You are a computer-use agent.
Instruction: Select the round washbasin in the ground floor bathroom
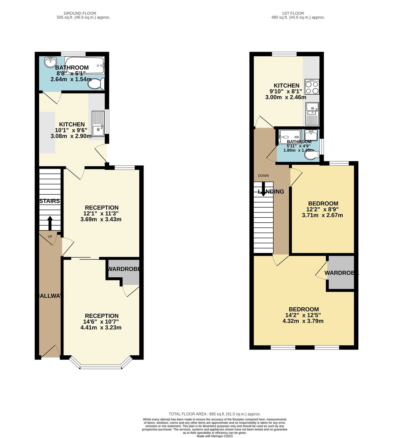coord(50,62)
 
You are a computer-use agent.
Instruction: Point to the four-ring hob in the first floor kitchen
coord(312,87)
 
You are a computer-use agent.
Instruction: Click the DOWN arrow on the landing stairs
coord(263,189)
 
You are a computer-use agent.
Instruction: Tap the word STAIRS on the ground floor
coord(49,201)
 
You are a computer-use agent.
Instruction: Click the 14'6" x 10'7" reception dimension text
coord(101,322)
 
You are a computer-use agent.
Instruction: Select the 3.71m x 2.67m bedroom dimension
coord(322,215)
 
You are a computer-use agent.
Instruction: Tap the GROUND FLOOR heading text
coord(80,13)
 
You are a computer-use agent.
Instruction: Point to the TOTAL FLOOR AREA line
coord(215,414)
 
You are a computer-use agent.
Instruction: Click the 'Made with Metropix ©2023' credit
coord(215,436)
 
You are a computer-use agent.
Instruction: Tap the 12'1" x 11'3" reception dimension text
coord(101,213)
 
